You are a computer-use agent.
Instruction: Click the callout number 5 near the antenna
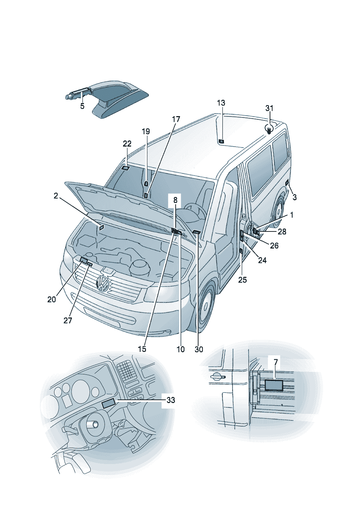(x=82, y=106)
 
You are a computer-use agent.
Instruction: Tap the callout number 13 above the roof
(x=221, y=103)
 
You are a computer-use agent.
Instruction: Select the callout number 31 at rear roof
(x=269, y=108)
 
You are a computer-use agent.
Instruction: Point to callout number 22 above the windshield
(x=127, y=144)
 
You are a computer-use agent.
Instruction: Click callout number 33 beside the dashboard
(x=171, y=400)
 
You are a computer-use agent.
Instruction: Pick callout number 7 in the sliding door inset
(x=276, y=362)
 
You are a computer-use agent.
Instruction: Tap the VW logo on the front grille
(x=103, y=283)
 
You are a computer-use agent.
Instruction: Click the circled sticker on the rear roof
(x=269, y=130)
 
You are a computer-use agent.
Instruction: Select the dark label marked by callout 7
(x=274, y=384)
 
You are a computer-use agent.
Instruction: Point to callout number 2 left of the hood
(x=56, y=196)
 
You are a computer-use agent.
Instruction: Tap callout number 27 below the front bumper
(x=68, y=320)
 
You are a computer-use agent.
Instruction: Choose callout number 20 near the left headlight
(x=52, y=299)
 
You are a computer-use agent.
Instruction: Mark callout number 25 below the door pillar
(x=242, y=280)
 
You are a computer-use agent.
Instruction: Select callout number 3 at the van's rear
(x=295, y=197)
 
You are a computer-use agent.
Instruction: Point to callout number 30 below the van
(x=199, y=349)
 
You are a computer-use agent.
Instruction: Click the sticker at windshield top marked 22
(x=126, y=168)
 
